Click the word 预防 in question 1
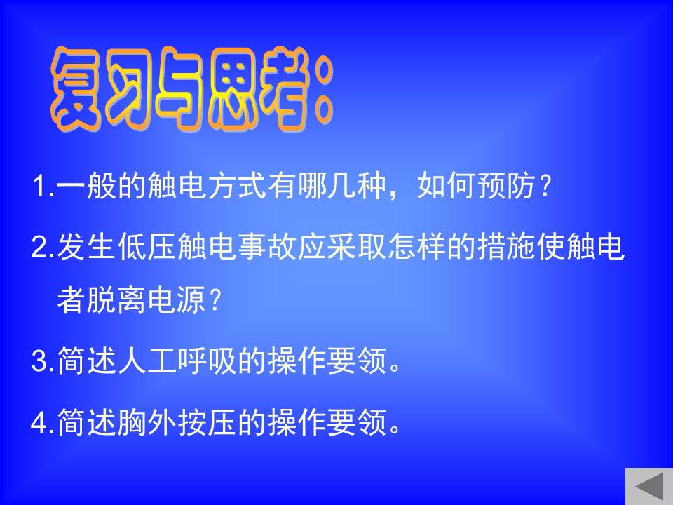coord(506,186)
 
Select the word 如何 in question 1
coord(446,186)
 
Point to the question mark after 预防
coord(545,186)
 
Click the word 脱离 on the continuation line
coord(117,299)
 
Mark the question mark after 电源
coord(215,299)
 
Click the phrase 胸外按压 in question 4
coord(177,422)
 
